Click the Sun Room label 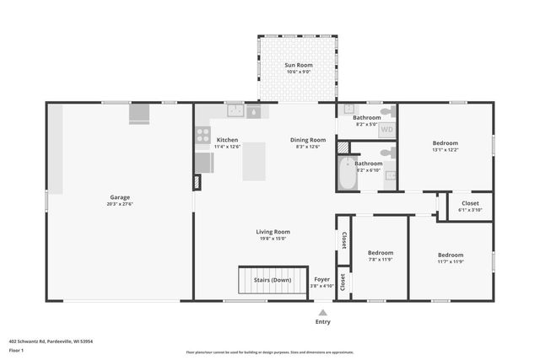pos(299,65)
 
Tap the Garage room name pos(120,196)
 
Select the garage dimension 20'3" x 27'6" pos(120,203)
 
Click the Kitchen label pos(227,140)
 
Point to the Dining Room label pos(310,140)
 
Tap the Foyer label pos(322,279)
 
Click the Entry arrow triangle pos(322,312)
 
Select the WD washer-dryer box pos(386,130)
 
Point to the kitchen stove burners pos(202,133)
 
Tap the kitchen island pos(254,161)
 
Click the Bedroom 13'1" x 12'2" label pos(445,143)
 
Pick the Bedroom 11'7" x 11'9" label pos(450,255)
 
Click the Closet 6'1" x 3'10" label pos(469,203)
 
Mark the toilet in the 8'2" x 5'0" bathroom pos(386,110)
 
